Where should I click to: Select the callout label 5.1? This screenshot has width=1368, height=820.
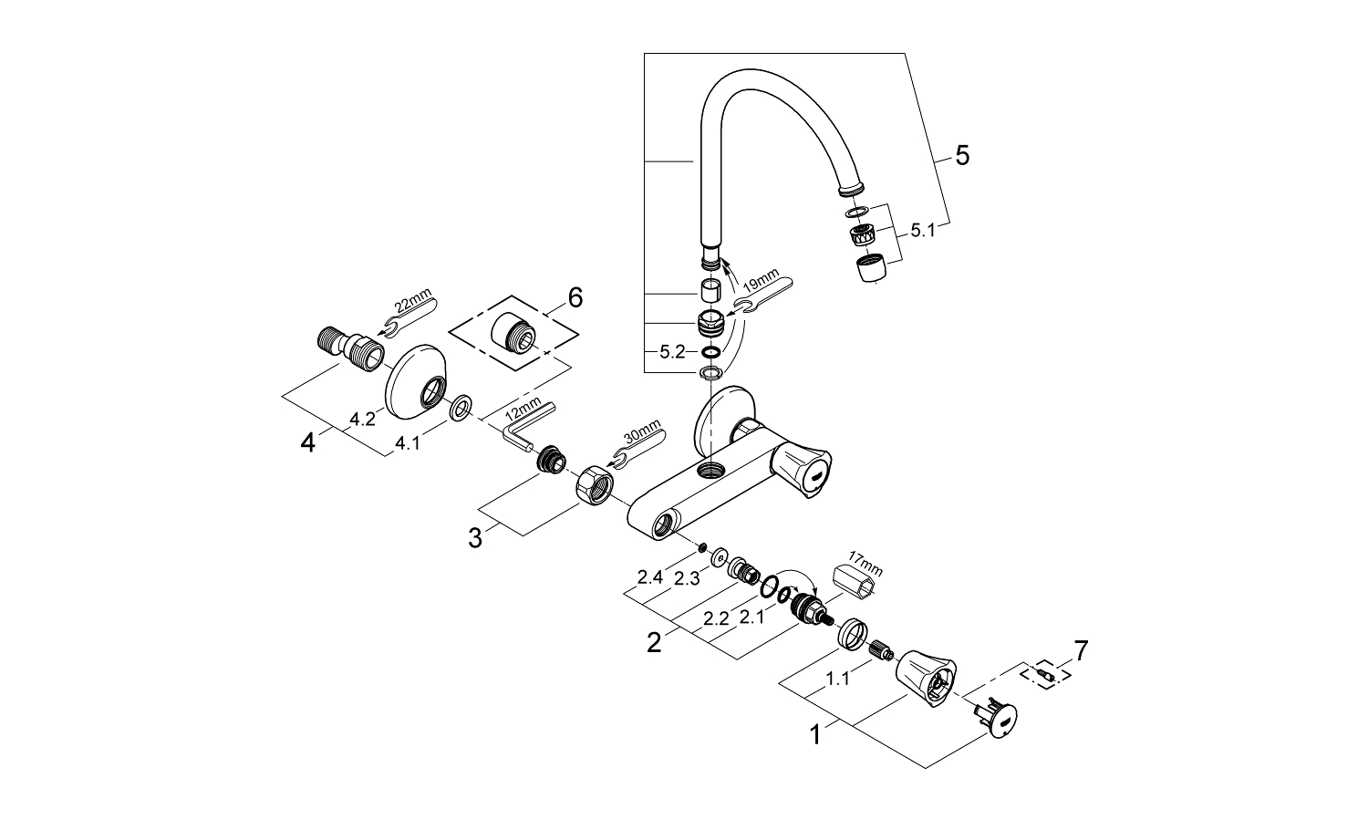point(923,232)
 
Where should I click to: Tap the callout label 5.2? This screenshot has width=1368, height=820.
point(671,352)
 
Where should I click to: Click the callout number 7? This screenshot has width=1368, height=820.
point(1080,650)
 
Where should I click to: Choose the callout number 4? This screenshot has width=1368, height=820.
point(308,443)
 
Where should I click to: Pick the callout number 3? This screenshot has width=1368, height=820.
point(474,538)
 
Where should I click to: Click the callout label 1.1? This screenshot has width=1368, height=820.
point(837,679)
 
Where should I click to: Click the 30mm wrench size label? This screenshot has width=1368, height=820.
point(638,437)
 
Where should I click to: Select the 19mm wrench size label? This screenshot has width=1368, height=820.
point(762,282)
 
